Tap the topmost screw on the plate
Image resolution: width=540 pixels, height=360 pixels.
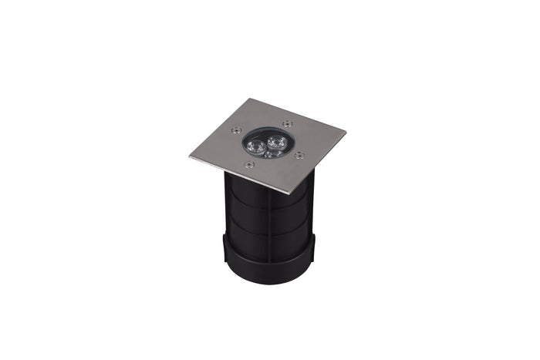click(287, 123)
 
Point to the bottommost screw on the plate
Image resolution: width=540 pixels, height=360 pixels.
click(248, 164)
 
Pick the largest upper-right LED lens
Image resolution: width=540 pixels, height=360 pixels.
click(272, 141)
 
